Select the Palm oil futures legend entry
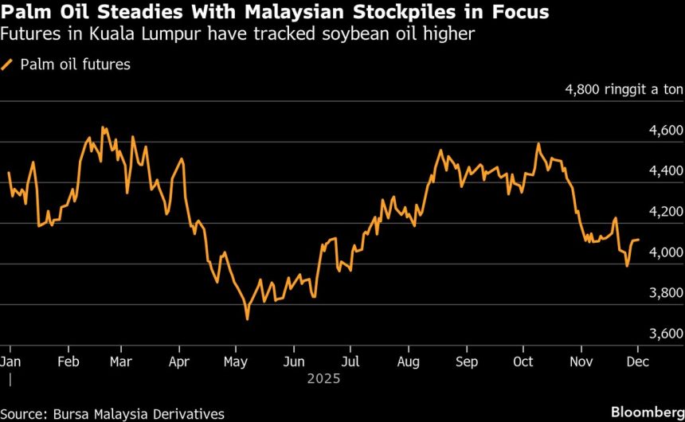(x=67, y=64)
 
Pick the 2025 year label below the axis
(x=323, y=378)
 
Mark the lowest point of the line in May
(x=247, y=319)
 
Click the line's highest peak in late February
(x=103, y=127)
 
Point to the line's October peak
(x=538, y=144)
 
